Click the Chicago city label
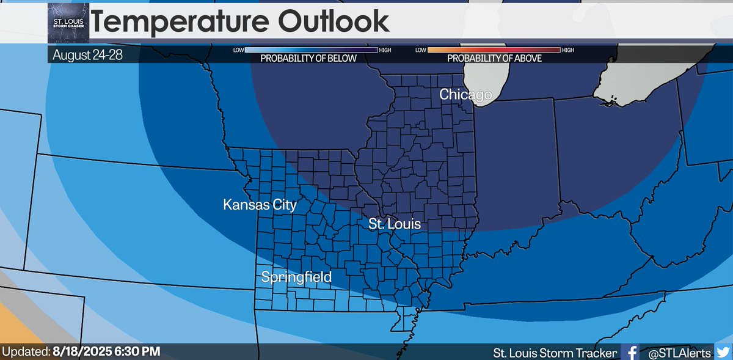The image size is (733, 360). tap(465, 95)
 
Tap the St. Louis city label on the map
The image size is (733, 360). tap(394, 224)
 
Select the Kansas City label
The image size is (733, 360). tap(260, 204)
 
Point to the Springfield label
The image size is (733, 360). tap(296, 277)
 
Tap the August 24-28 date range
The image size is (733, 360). tap(87, 54)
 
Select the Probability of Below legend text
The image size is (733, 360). tap(308, 59)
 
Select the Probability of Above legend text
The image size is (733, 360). tap(494, 59)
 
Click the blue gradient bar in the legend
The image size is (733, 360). tap(311, 50)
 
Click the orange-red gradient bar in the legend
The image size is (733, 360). tap(494, 50)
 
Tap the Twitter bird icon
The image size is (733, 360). tap(723, 352)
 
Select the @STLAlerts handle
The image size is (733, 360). tap(676, 352)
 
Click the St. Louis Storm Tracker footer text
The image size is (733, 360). tap(555, 352)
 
